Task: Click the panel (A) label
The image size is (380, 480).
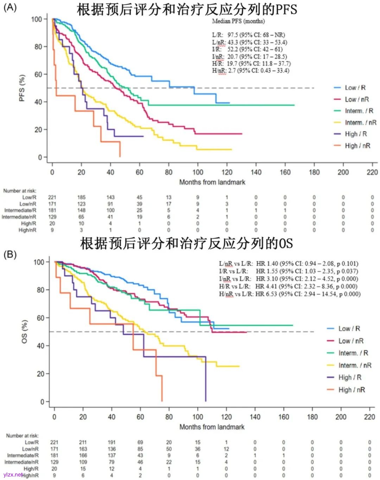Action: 10,7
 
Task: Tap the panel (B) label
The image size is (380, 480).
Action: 10,254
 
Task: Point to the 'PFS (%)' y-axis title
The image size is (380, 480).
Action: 22,88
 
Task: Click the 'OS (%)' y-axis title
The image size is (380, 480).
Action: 24,331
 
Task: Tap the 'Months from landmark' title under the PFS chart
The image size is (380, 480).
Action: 212,182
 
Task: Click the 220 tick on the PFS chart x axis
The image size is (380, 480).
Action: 372,172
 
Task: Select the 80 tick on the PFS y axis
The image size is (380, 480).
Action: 38,46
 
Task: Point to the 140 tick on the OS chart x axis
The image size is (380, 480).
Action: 255,417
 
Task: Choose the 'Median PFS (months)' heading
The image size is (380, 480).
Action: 238,21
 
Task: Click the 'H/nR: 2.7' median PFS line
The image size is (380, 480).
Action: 251,70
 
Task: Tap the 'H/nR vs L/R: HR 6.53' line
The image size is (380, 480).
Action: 290,294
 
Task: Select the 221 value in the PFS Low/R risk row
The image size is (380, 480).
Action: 52,197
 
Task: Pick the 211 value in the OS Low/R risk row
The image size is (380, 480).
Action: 83,442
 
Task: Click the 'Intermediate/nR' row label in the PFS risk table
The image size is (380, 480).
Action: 19,217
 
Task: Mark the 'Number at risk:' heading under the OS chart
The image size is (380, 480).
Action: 22,436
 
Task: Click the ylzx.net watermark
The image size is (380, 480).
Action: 13,474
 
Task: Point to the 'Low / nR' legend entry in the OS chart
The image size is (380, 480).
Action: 351,341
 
